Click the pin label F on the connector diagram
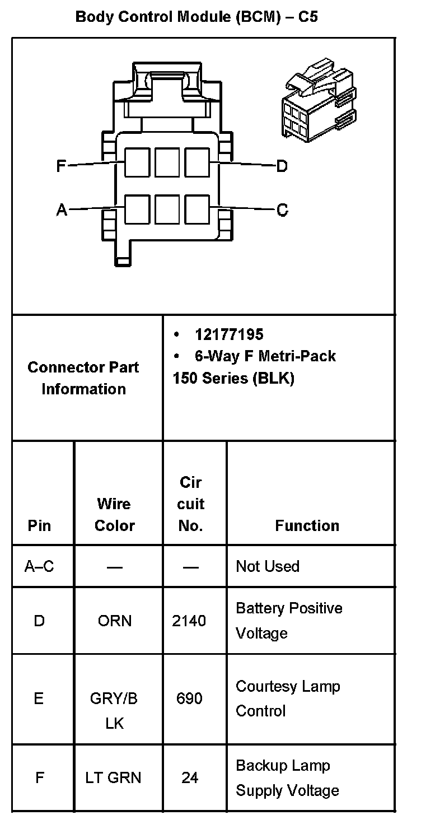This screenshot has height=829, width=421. click(62, 166)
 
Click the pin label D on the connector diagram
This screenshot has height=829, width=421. click(282, 166)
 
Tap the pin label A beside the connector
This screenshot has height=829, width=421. click(62, 210)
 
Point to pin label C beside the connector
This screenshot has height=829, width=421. click(282, 210)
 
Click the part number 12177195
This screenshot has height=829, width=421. click(228, 334)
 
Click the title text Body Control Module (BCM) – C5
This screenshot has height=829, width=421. click(197, 17)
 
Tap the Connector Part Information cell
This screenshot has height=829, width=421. click(83, 378)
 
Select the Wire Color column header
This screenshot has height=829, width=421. click(115, 514)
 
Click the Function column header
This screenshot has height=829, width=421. click(307, 525)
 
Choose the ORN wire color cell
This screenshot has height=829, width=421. click(115, 621)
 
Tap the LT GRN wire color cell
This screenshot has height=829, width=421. click(114, 777)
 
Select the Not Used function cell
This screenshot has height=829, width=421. click(268, 566)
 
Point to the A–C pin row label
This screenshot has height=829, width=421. click(39, 566)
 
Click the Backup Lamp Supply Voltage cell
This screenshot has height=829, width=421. click(288, 777)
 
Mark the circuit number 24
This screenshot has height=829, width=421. click(189, 777)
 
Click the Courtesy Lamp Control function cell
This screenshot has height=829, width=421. click(288, 698)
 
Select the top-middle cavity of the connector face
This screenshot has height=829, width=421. click(167, 162)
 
